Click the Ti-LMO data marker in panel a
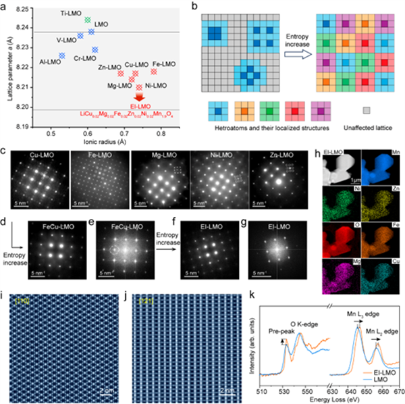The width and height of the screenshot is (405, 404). click(88, 20)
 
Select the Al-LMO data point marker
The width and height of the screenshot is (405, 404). click(62, 55)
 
